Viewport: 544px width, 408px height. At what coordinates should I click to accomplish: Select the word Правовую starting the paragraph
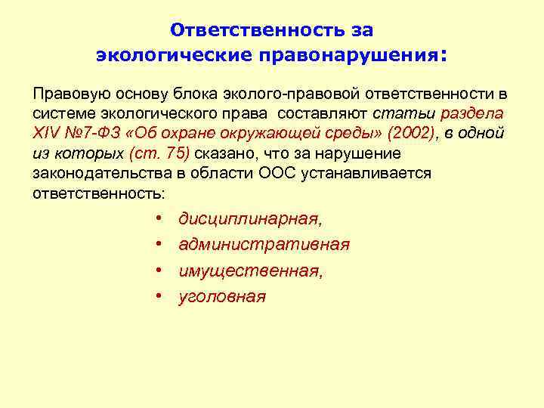[x=69, y=94]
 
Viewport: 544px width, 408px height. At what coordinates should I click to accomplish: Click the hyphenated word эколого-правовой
[x=291, y=94]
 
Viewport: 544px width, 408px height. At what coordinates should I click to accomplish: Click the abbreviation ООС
[x=262, y=173]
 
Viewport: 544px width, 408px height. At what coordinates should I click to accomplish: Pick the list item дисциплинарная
[x=249, y=219]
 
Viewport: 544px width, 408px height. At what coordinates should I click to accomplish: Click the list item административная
[x=264, y=245]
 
